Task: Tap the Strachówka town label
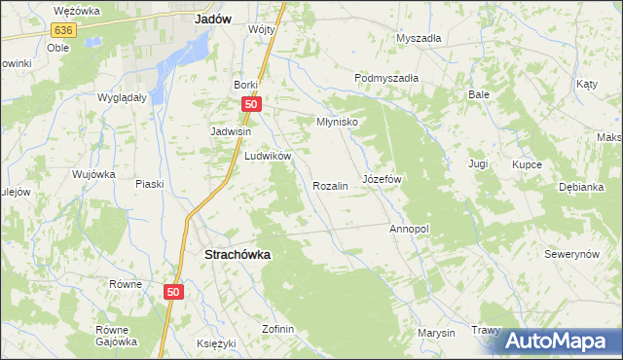coord(238,254)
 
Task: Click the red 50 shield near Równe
coord(173,292)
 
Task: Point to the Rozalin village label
coord(330,185)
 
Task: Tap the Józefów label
coord(382,180)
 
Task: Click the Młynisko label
coord(338,123)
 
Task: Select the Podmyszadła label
coord(385,78)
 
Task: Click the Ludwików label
coord(269,156)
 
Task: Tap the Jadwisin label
coord(232,131)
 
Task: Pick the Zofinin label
coord(277,329)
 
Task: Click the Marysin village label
coord(436,333)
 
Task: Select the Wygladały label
coord(122,97)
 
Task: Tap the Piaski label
coord(149,184)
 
